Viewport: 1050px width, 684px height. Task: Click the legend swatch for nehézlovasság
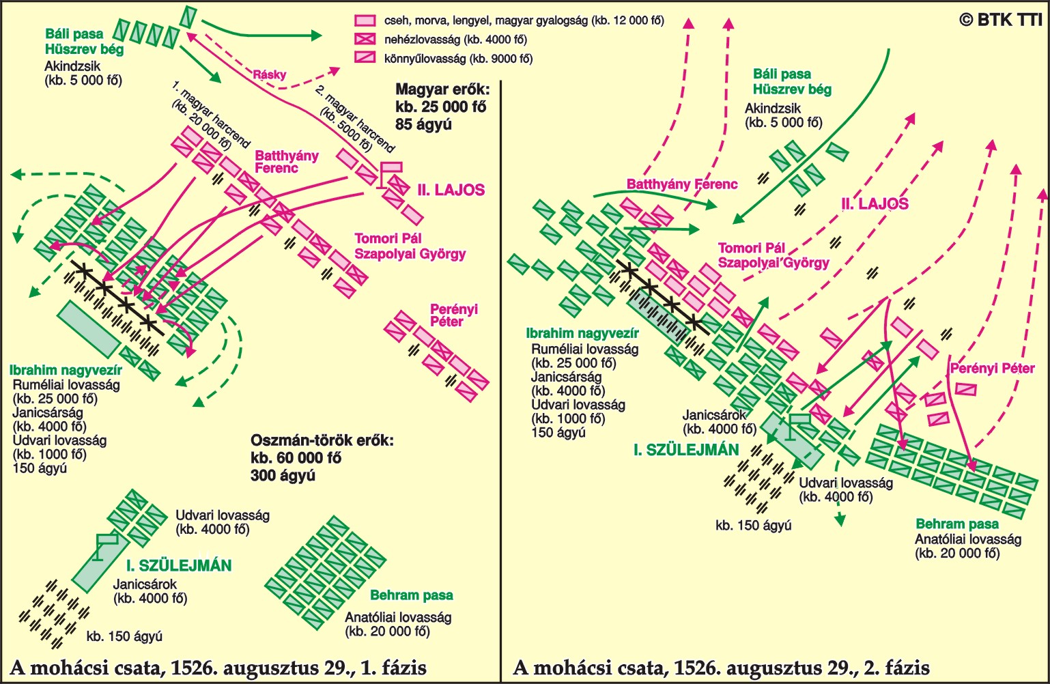pos(365,40)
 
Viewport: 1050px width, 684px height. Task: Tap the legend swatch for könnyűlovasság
pos(365,57)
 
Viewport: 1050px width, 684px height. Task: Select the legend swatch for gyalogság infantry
pos(365,20)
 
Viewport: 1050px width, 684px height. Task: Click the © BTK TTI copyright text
pos(999,20)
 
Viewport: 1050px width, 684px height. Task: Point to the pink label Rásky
pos(269,74)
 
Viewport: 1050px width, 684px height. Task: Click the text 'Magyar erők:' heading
pos(442,89)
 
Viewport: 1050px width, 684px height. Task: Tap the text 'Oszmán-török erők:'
pos(322,441)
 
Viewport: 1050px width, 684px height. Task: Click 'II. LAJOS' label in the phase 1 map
pos(451,190)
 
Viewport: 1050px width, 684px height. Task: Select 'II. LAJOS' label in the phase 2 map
pos(875,203)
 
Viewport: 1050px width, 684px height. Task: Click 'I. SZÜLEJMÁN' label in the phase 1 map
pos(179,565)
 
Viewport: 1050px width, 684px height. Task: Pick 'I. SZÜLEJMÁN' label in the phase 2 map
pos(686,450)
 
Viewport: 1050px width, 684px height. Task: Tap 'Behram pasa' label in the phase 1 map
pos(412,595)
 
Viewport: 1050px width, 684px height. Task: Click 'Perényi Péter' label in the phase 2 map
pos(993,369)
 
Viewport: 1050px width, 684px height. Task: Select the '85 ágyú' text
pos(423,124)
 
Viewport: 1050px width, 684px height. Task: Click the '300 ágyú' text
pos(283,475)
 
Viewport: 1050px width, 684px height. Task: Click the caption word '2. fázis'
pos(897,668)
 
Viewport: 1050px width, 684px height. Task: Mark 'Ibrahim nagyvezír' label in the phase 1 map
pos(66,370)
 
